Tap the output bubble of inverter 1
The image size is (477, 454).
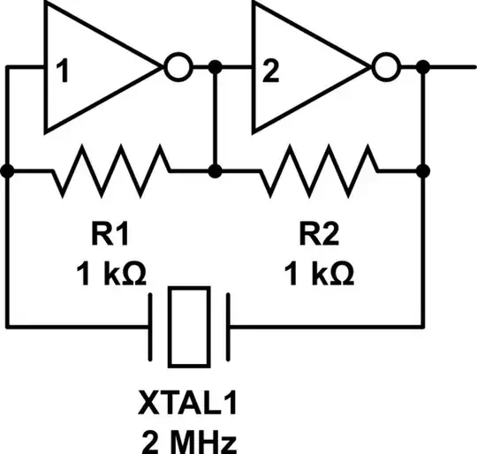(x=178, y=67)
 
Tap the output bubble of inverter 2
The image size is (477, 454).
(x=385, y=67)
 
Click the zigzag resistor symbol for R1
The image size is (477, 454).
(x=110, y=170)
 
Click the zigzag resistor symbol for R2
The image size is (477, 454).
(x=319, y=170)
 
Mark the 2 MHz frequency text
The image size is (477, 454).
(x=189, y=439)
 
